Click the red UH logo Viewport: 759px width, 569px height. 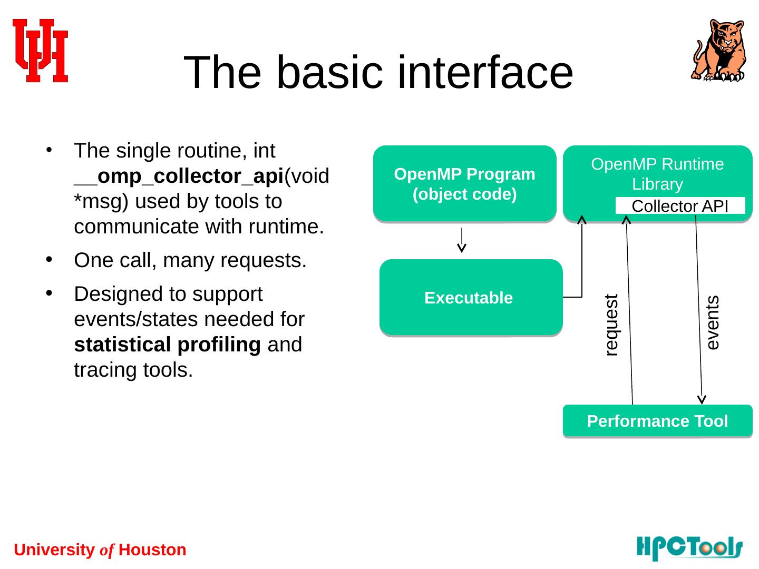40,51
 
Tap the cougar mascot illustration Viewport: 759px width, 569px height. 718,51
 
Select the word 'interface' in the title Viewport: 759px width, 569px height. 485,72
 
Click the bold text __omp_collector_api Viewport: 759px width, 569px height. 179,176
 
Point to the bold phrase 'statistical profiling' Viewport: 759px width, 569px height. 168,345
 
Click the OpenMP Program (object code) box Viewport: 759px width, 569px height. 464,183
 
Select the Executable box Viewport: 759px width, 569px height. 471,297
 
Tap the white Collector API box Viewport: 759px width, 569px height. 680,205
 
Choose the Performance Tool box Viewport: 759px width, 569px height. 657,421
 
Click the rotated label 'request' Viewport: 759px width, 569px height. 611,325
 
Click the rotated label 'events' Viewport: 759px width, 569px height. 713,322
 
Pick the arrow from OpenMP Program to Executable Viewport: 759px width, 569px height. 462,240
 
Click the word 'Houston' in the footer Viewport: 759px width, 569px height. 152,550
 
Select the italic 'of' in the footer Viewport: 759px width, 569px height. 106,551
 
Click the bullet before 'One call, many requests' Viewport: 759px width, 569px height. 49,259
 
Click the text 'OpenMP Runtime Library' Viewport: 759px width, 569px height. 657,174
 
